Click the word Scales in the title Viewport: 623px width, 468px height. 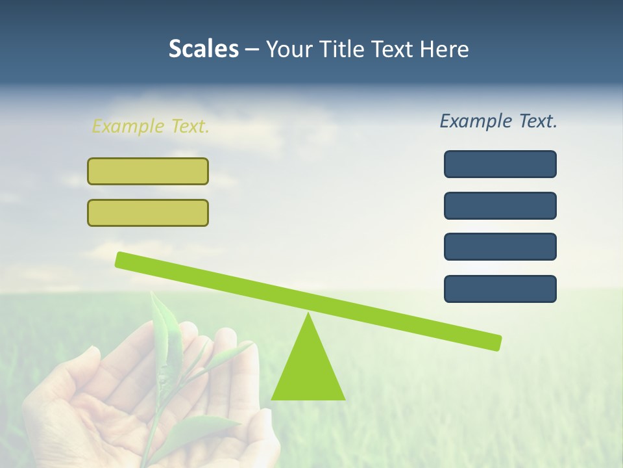pyautogui.click(x=203, y=49)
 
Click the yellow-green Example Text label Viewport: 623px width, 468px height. pyautogui.click(x=151, y=126)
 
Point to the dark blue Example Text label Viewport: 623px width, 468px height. pyautogui.click(x=498, y=121)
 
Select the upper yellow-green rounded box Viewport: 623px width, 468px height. pyautogui.click(x=148, y=171)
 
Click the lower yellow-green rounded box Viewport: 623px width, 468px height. pyautogui.click(x=148, y=213)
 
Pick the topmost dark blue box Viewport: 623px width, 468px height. pyautogui.click(x=500, y=164)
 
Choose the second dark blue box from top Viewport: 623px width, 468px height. pyautogui.click(x=500, y=205)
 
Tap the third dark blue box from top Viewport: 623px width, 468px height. pyautogui.click(x=500, y=246)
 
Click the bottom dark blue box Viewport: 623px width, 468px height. pyautogui.click(x=500, y=289)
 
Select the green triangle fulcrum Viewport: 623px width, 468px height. pyautogui.click(x=308, y=370)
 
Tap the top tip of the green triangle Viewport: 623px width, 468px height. pyautogui.click(x=308, y=316)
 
